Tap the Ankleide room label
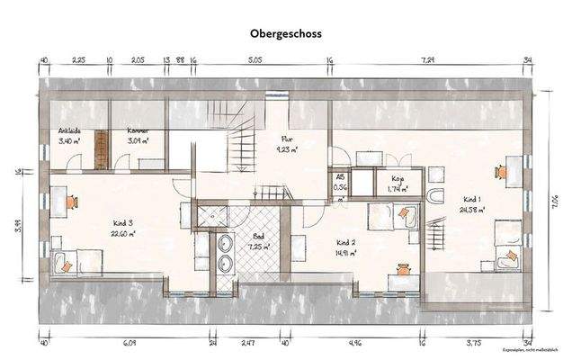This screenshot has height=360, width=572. coord(70,130)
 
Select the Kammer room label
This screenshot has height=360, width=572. coord(137,130)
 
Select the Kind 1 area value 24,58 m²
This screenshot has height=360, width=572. coord(474,210)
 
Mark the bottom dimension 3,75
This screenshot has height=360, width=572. coord(475,343)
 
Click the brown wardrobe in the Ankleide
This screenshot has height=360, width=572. coord(101,149)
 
